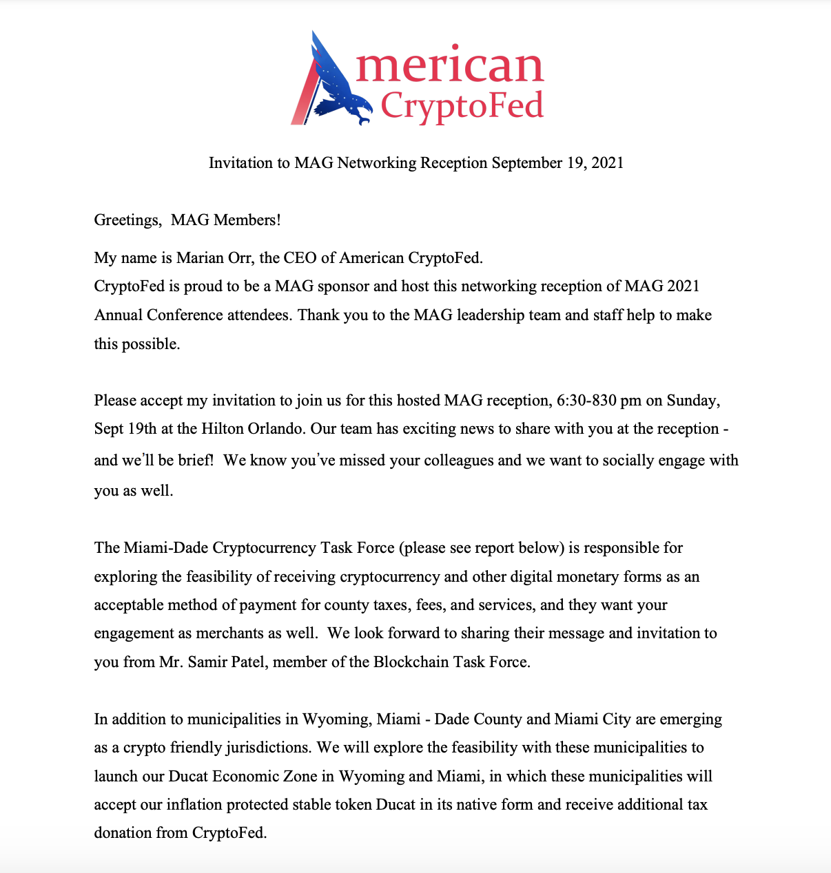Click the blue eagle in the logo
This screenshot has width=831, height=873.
[338, 86]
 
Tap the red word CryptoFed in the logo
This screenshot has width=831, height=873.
[462, 105]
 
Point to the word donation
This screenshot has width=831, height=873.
[123, 833]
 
